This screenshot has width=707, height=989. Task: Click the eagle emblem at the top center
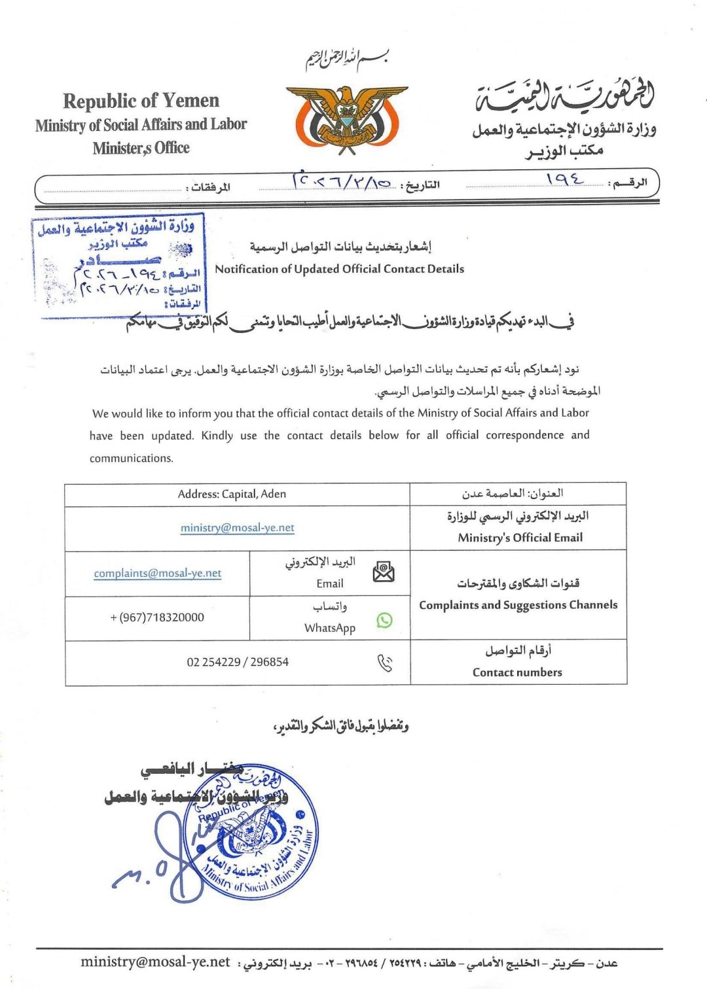click(346, 119)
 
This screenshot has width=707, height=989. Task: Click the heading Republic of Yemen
click(141, 101)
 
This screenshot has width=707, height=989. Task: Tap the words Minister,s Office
click(141, 148)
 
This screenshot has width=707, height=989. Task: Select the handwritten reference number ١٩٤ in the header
click(564, 178)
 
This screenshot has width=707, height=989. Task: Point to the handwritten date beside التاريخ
click(342, 179)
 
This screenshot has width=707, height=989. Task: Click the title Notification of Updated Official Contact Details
click(339, 269)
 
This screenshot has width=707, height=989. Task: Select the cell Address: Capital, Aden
click(232, 494)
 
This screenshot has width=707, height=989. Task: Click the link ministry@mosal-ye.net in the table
click(237, 528)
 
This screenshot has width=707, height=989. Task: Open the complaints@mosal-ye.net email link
click(157, 573)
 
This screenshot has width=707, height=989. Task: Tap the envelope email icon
click(384, 572)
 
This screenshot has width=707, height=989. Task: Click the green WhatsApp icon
click(385, 619)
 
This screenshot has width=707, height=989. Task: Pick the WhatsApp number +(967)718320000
click(157, 617)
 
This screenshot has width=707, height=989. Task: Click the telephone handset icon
click(385, 663)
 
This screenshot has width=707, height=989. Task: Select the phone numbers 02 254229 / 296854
click(237, 662)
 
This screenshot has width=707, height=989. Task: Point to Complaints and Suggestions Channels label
click(518, 605)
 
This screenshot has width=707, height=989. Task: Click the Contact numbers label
click(517, 672)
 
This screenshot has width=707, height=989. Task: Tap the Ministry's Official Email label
click(520, 538)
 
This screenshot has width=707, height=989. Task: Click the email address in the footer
click(155, 962)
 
